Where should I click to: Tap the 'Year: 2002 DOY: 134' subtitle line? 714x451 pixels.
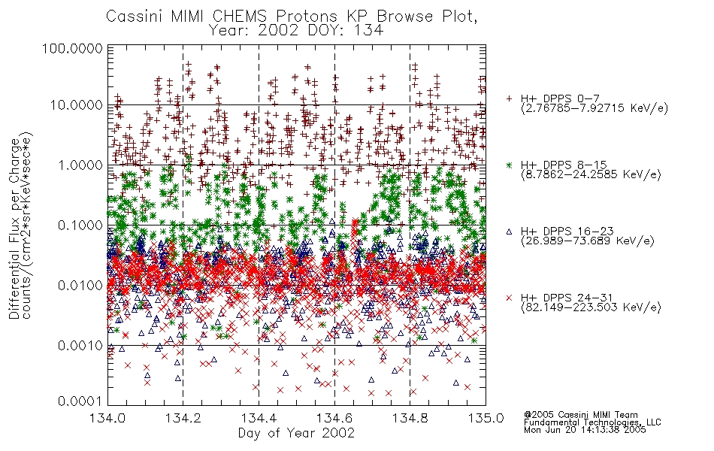coord(296,31)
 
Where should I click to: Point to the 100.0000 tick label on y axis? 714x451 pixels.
coord(72,48)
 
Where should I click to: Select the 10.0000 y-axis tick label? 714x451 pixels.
coord(76,105)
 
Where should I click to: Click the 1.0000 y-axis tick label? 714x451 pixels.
coord(80,165)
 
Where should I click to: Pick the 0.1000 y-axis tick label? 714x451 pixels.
coord(80,225)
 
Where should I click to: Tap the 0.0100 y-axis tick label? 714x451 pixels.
coord(80,286)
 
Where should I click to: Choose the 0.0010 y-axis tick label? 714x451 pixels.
coord(80,346)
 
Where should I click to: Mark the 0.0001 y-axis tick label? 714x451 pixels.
coord(80,401)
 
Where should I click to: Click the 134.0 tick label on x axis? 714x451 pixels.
coord(107,418)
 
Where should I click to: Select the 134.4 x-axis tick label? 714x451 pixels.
coord(259,418)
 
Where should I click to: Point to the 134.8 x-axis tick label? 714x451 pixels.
coord(410,418)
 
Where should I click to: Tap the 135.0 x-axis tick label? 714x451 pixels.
coord(486,418)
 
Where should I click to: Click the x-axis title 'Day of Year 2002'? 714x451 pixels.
coord(296,433)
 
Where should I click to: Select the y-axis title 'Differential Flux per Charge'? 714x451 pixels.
coord(14,229)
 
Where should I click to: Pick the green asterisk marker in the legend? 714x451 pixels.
coord(509,165)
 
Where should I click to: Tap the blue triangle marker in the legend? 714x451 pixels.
coord(509,232)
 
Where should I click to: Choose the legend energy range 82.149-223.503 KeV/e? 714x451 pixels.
coord(591,307)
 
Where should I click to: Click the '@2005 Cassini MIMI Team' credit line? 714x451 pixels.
coord(581,415)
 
